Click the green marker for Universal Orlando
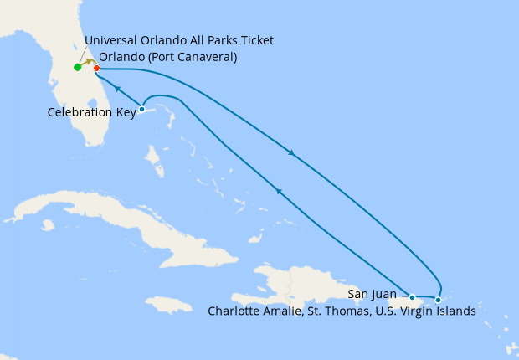[77, 67]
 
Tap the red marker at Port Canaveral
[97, 68]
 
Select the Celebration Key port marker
[141, 109]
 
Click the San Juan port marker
[412, 296]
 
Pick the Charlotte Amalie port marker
[438, 299]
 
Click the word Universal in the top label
[113, 40]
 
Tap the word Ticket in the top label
[255, 40]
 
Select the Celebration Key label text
[91, 111]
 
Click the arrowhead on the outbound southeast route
[291, 153]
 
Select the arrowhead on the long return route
[279, 193]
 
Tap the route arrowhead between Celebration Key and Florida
[118, 88]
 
